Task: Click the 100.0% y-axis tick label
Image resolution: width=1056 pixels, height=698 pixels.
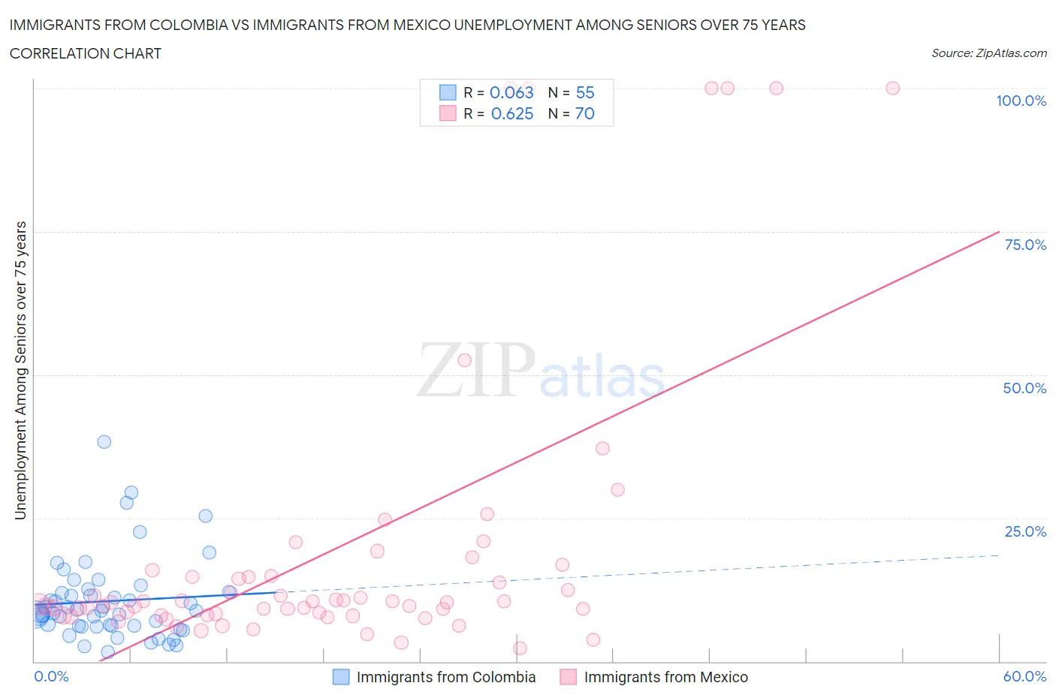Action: (1021, 101)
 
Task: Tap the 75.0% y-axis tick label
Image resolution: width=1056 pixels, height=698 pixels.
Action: (1025, 245)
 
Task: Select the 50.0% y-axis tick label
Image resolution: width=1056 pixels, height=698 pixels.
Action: (1024, 388)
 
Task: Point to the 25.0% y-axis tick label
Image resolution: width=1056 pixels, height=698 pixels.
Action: (1025, 531)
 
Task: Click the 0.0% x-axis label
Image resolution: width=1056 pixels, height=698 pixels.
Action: (51, 676)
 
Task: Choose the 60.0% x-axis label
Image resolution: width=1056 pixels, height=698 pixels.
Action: (1024, 676)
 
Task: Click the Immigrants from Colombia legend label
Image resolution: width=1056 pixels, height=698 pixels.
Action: (445, 677)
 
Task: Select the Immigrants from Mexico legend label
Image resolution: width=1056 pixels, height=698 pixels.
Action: (665, 677)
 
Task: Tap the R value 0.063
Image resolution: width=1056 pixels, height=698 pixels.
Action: (511, 92)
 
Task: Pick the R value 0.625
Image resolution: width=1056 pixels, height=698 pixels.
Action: (511, 113)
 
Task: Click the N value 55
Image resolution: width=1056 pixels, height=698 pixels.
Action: (584, 92)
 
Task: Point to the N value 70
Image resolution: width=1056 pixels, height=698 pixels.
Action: (584, 113)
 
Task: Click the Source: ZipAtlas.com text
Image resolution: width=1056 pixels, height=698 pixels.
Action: (988, 53)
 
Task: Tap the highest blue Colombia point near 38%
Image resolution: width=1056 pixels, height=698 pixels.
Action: (104, 441)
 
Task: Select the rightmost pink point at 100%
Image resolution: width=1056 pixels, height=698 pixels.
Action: (892, 88)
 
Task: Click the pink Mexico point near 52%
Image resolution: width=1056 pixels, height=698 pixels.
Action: (464, 360)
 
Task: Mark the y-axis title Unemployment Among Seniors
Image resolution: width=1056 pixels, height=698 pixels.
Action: (20, 370)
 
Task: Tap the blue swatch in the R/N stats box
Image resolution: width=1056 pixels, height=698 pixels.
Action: (448, 92)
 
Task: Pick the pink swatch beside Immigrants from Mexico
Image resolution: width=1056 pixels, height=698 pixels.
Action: (568, 677)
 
